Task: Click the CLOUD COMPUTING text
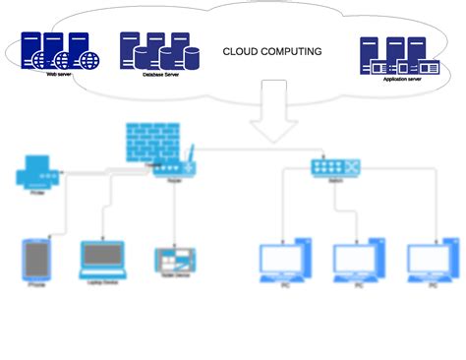(272, 51)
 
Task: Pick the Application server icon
(399, 58)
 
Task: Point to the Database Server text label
(158, 75)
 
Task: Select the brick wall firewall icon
(149, 144)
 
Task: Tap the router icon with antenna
(174, 165)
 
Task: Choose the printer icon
(37, 176)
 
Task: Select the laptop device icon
(103, 259)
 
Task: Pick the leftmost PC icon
(285, 261)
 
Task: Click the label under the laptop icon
(103, 284)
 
